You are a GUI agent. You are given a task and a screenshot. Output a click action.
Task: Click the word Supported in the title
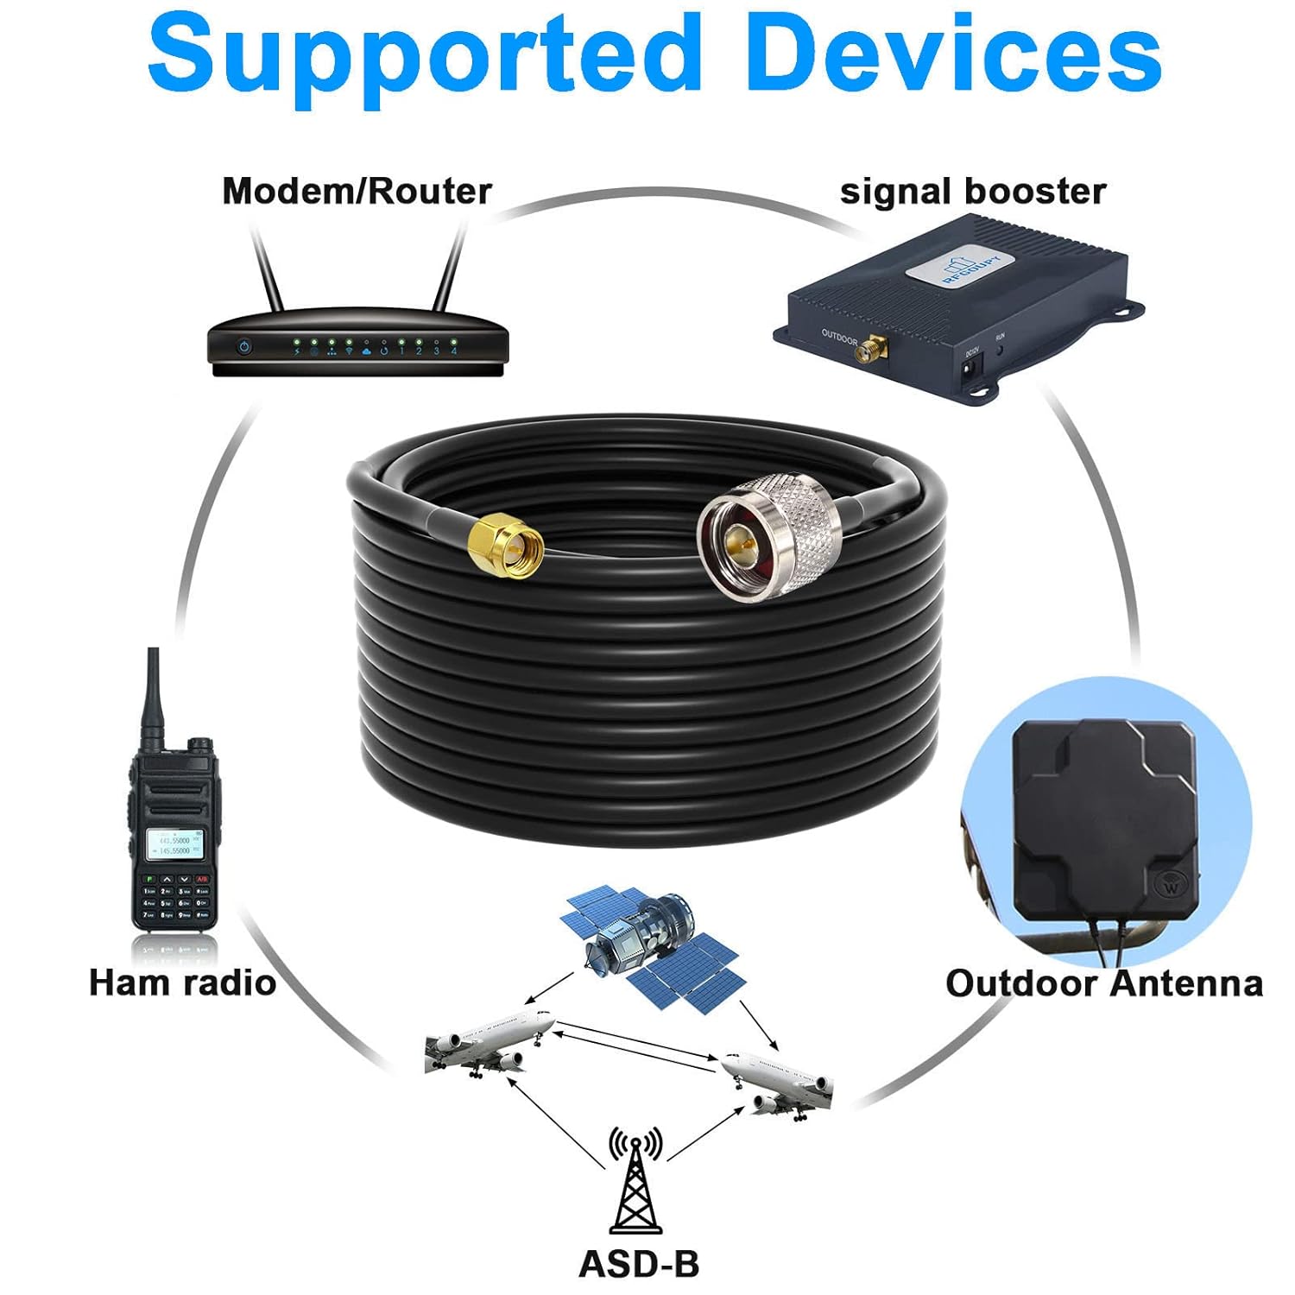pos(423,54)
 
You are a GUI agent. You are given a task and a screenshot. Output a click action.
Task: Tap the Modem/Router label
pos(357,191)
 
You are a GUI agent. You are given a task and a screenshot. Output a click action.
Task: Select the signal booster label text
pos(972,191)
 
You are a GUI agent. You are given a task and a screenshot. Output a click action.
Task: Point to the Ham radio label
pos(182,982)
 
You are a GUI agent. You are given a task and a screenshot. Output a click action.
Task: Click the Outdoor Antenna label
pos(1103,983)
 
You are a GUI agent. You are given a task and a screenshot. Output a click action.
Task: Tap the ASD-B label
pos(638,1264)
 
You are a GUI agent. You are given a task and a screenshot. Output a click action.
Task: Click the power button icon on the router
pos(245,347)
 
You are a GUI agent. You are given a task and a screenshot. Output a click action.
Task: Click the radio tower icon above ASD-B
pos(636,1183)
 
